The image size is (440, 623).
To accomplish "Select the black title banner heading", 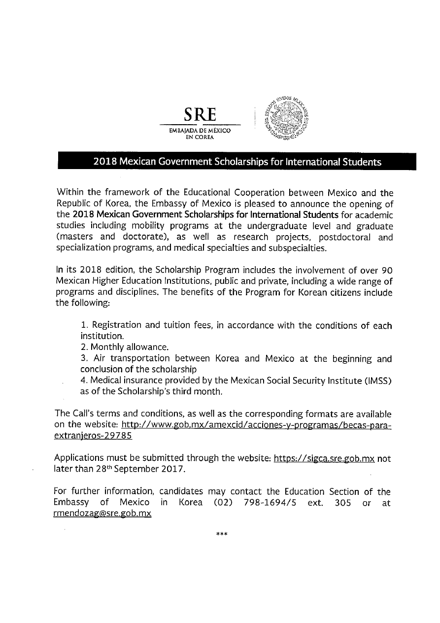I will coord(237,162).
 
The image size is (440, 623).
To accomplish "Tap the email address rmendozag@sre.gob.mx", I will coord(102,513).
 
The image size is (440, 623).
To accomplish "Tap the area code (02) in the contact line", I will coord(221,502).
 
